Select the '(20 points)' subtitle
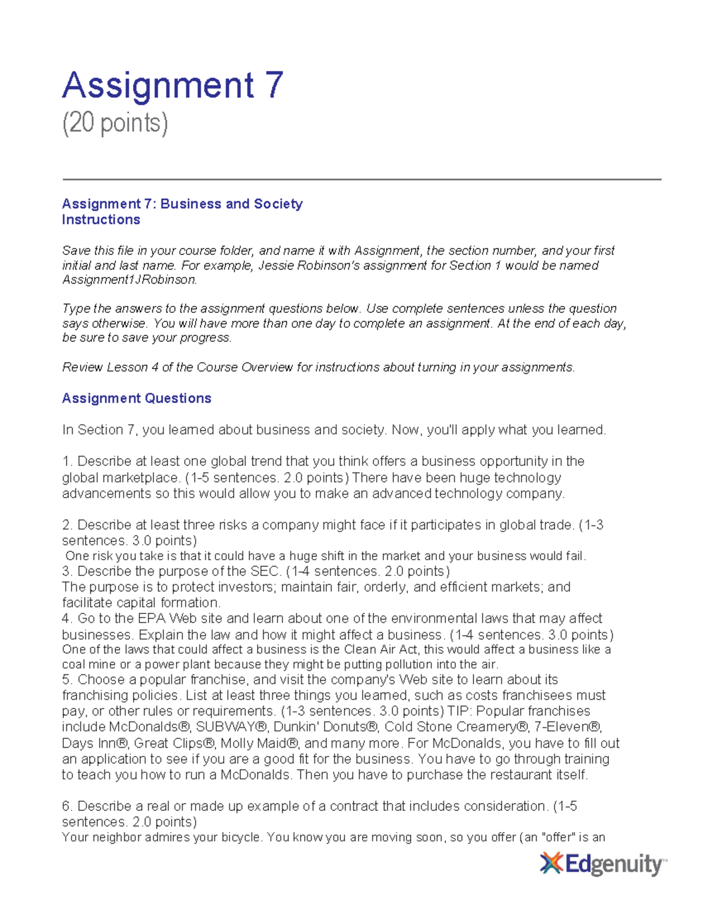tap(115, 124)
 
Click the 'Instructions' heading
tap(101, 220)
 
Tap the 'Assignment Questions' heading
tap(136, 398)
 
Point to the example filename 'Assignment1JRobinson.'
tap(129, 280)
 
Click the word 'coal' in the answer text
tap(73, 664)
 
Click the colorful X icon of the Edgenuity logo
tap(551, 864)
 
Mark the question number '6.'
tap(68, 806)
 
